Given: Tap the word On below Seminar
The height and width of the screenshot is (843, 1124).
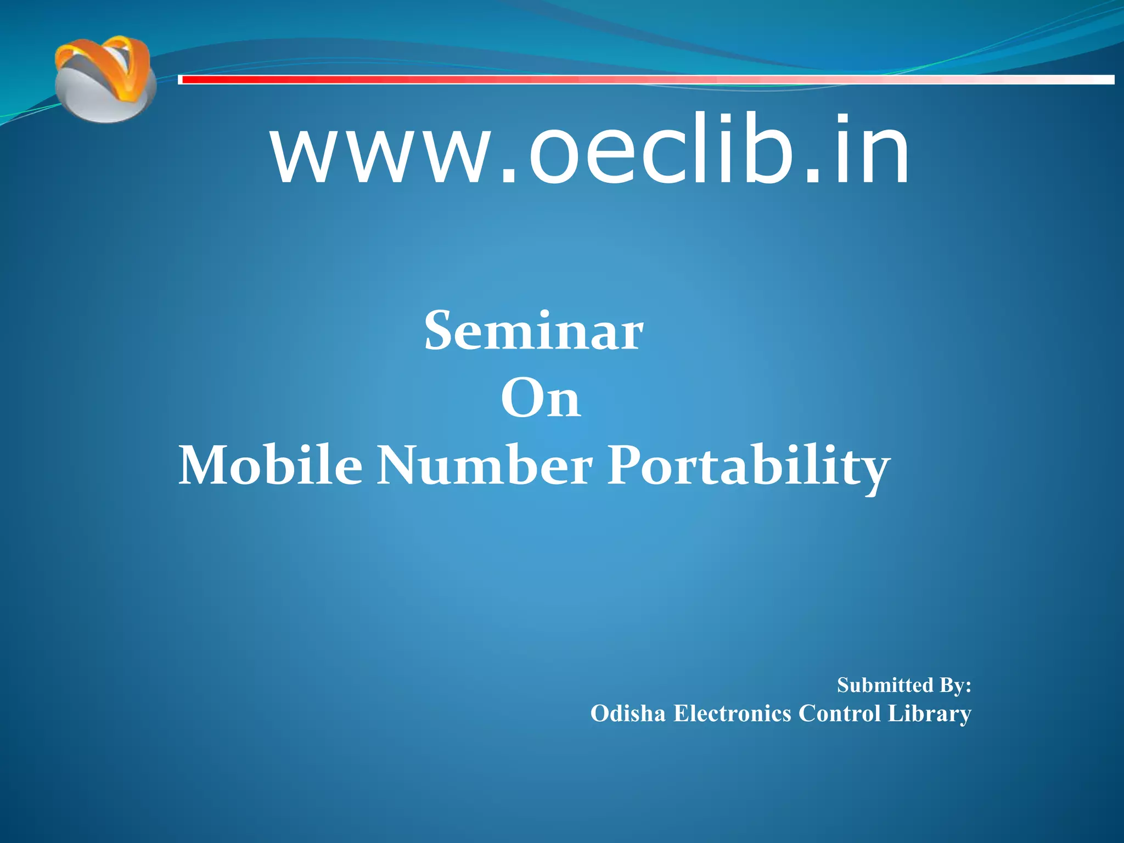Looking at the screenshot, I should [x=541, y=398].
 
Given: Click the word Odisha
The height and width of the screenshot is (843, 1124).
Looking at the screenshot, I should [x=627, y=713].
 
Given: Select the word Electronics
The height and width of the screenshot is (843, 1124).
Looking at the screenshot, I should [x=732, y=713].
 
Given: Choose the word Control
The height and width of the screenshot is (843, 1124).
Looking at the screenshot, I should [x=839, y=713].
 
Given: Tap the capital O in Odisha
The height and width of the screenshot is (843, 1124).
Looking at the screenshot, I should [x=599, y=713].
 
